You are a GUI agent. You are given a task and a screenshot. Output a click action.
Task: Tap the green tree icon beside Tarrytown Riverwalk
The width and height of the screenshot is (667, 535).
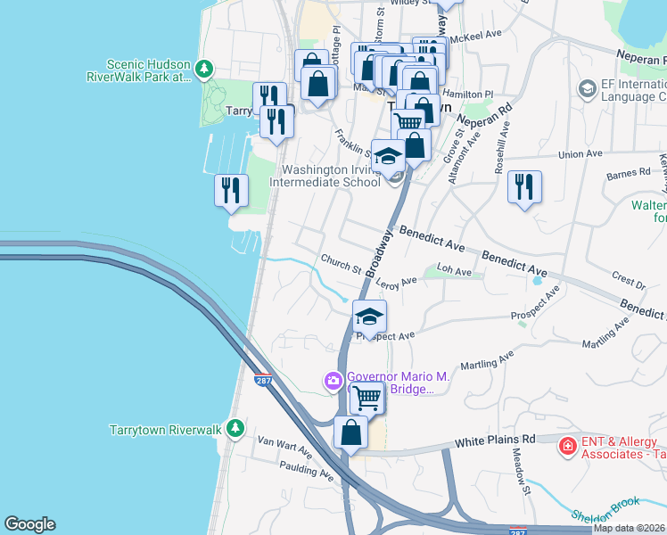[234, 429]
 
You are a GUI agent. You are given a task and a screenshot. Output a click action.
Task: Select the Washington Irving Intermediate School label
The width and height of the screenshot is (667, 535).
[332, 177]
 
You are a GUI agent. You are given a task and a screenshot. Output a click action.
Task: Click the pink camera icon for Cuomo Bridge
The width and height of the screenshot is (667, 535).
[333, 382]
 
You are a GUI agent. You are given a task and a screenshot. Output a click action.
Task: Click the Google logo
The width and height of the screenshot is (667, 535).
[29, 524]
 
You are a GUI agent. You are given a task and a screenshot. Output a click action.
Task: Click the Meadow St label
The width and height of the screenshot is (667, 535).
[519, 466]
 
